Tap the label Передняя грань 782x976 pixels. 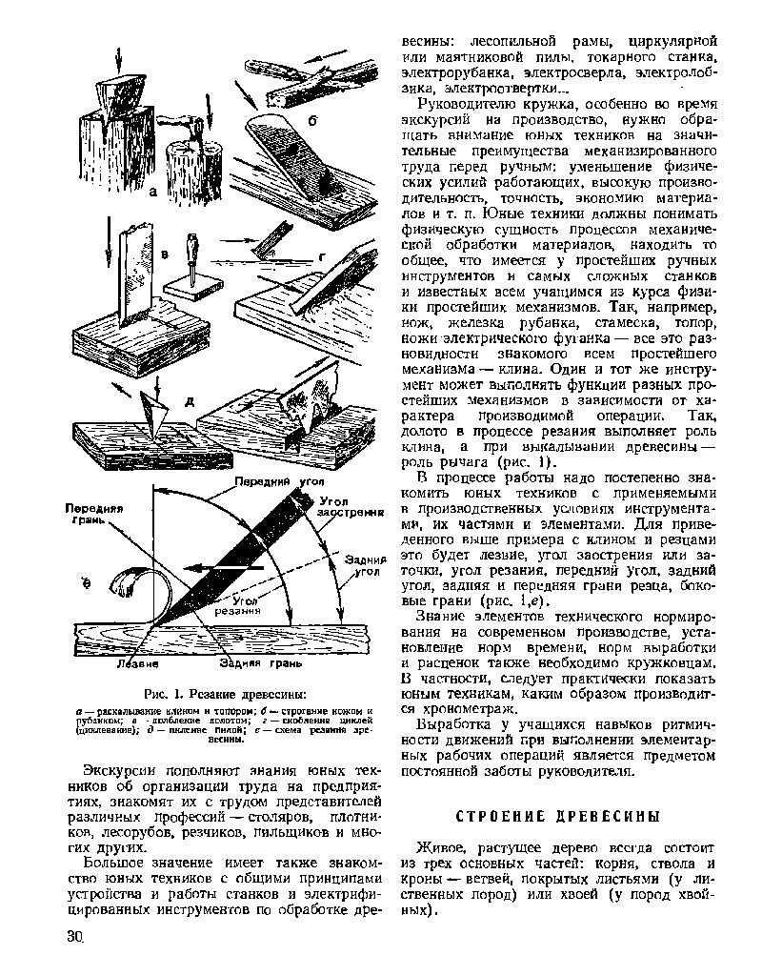click(90, 515)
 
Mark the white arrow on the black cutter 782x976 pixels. click(214, 568)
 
